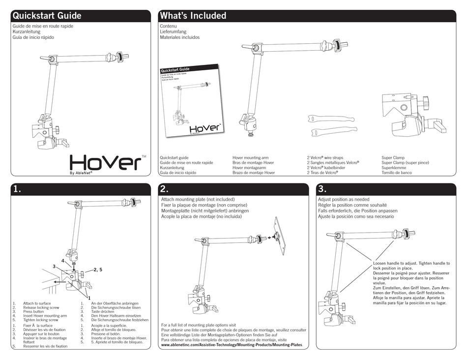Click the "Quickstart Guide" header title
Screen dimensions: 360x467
point(47,16)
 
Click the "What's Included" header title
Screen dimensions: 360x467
point(193,16)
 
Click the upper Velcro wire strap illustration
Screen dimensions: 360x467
point(330,119)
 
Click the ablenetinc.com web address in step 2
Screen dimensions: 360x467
point(232,346)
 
